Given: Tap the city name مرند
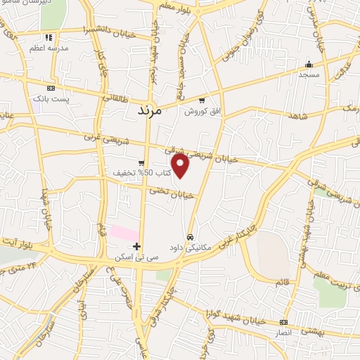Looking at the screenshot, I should [x=149, y=111].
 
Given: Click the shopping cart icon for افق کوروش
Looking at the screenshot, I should [x=202, y=101].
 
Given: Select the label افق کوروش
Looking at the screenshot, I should [x=202, y=112].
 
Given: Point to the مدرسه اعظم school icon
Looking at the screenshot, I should [x=48, y=37].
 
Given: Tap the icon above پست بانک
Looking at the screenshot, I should [x=51, y=89].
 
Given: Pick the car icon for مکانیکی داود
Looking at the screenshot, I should [x=190, y=236].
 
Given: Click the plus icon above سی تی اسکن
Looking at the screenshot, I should [x=137, y=247].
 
